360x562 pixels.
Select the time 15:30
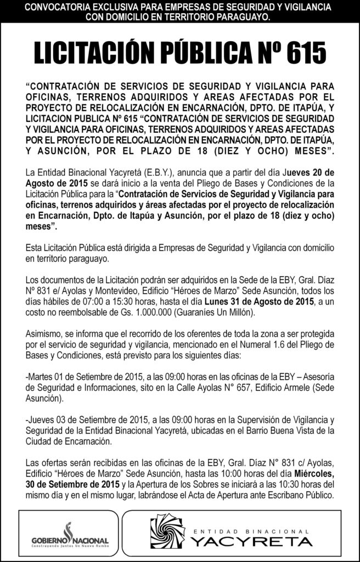139,301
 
